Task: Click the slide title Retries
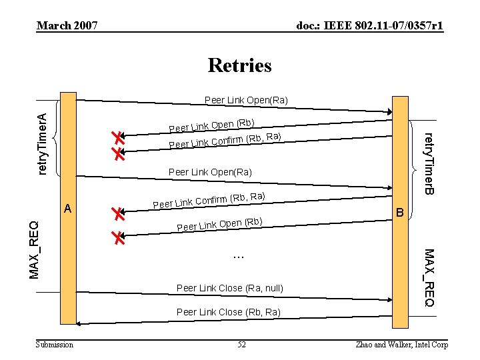point(239,65)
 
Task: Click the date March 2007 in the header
point(67,26)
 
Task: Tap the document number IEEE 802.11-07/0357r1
point(370,26)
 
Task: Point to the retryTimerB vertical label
point(430,164)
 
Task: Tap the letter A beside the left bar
point(68,209)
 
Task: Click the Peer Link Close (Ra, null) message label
point(230,288)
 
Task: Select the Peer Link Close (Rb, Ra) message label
point(229,312)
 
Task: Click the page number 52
point(241,344)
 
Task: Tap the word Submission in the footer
point(55,344)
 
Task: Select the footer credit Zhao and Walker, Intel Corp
point(403,344)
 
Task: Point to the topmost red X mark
point(118,139)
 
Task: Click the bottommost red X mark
point(119,238)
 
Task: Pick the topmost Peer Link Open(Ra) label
point(246,100)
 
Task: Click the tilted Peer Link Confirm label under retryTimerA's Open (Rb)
point(225,141)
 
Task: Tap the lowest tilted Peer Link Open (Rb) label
point(220,225)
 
